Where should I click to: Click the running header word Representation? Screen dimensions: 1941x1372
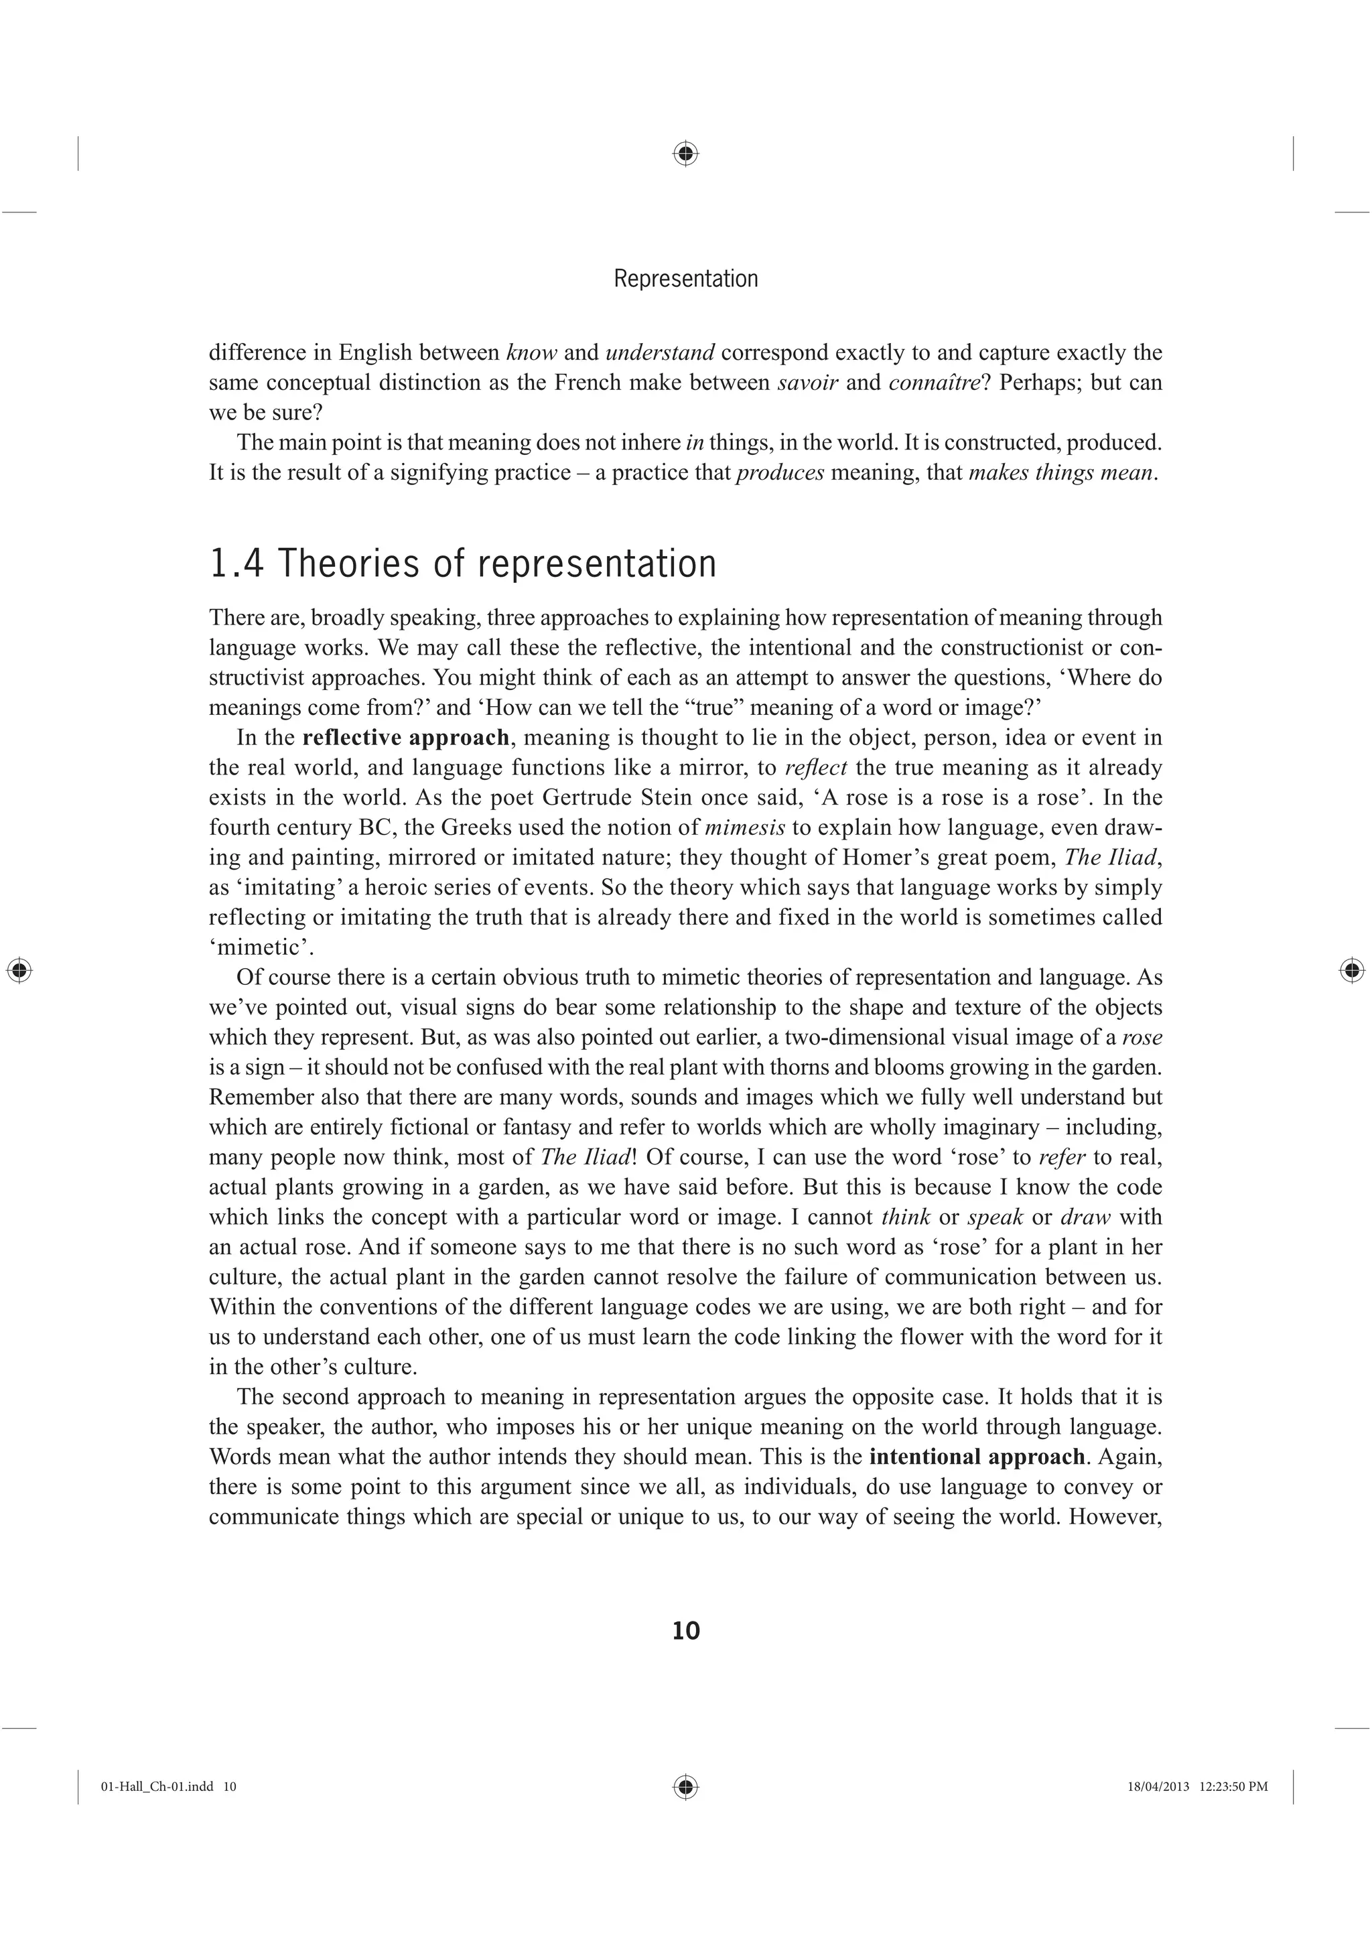coord(685,278)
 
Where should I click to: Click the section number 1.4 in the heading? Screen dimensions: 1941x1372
coord(236,564)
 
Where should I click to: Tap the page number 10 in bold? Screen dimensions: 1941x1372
coord(685,1631)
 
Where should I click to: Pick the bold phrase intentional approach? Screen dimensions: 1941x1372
coord(976,1457)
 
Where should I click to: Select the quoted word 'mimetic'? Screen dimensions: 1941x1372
coord(255,947)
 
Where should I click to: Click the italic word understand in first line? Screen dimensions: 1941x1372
coord(661,352)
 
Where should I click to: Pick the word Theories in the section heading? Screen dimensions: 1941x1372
coord(349,564)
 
